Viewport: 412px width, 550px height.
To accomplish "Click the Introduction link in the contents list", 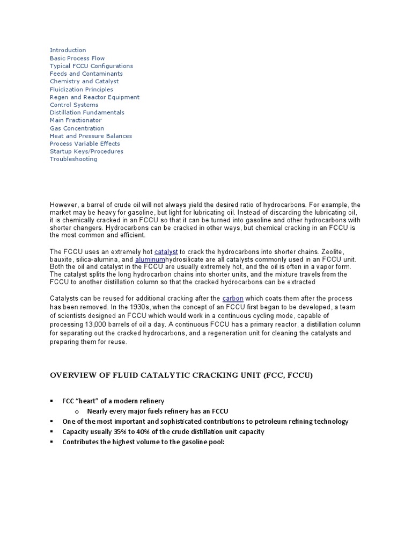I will click(68, 50).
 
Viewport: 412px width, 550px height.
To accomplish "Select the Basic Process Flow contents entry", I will click(77, 58).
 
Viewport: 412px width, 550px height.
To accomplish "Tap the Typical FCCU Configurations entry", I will click(91, 66).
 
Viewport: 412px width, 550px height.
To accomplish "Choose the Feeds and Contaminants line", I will click(86, 74).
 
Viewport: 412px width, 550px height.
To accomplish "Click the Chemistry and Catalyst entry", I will click(84, 82).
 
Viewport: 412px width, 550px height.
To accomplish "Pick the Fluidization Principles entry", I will click(81, 89).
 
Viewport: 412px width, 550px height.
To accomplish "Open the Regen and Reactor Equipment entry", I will click(94, 97).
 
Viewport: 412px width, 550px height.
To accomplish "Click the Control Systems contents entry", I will click(74, 105).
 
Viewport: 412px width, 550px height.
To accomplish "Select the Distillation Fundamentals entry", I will click(87, 113).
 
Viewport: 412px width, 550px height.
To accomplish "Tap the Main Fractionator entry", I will click(76, 120).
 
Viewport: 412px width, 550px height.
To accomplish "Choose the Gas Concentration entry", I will click(77, 128).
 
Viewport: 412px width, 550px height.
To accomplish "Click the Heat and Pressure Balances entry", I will click(91, 136).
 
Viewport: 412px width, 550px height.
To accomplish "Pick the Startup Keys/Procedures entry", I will click(86, 151).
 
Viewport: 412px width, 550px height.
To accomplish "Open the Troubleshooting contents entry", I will click(73, 159).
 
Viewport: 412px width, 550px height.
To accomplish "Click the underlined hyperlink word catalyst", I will click(166, 251).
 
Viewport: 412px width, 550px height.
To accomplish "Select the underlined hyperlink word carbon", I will click(233, 298).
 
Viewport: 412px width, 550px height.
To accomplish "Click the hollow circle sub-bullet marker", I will click(77, 411).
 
